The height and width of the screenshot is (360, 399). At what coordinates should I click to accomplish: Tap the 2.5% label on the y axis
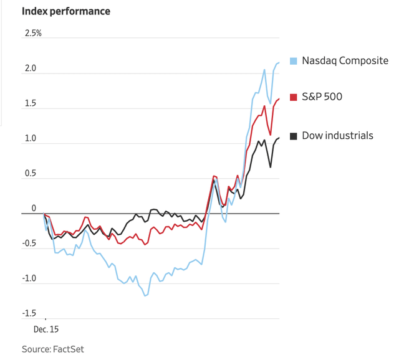pos(33,33)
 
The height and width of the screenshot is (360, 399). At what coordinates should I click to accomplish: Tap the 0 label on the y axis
pos(35,208)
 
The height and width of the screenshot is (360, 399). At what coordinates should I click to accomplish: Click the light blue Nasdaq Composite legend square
pos(294,61)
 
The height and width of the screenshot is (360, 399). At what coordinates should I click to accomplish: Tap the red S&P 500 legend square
pos(294,97)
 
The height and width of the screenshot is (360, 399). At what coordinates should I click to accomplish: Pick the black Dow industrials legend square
pos(294,135)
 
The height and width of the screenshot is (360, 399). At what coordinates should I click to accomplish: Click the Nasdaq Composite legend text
pos(345,61)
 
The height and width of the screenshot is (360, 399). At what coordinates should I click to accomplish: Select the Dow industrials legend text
pos(337,135)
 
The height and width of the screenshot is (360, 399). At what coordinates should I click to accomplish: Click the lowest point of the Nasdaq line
pos(146,295)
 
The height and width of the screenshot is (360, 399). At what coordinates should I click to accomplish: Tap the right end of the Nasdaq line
pos(279,62)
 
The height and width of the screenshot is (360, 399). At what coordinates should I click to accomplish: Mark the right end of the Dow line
pos(279,138)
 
